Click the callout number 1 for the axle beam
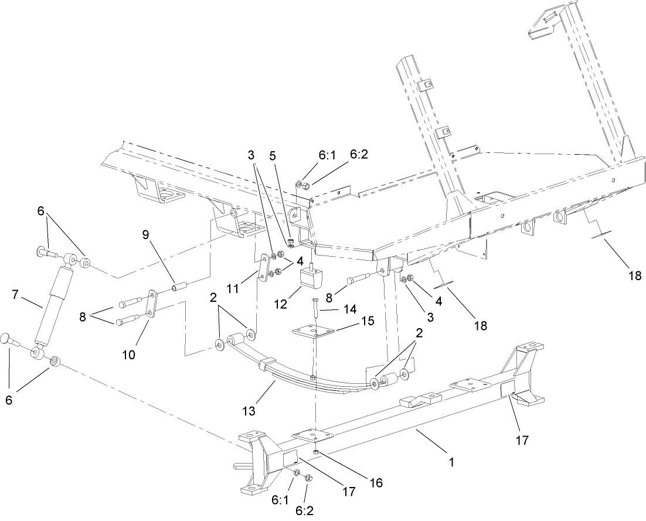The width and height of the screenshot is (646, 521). tap(451, 462)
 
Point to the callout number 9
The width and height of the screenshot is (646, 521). tap(146, 235)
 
